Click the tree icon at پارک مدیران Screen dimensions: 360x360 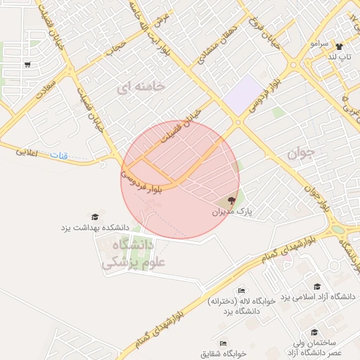point(233,200)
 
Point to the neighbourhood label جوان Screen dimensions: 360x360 point(303,151)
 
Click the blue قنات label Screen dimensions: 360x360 point(59,154)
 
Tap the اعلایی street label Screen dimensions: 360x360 point(30,150)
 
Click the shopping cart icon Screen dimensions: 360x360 point(27,64)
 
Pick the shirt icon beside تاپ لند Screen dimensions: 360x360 point(339,46)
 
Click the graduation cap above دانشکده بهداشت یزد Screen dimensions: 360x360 point(94,217)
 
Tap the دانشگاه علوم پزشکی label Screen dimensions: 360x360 point(127,255)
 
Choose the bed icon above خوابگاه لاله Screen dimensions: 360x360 point(241,290)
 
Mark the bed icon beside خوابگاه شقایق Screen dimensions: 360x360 point(223,343)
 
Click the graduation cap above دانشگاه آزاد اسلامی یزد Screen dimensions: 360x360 point(317,286)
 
